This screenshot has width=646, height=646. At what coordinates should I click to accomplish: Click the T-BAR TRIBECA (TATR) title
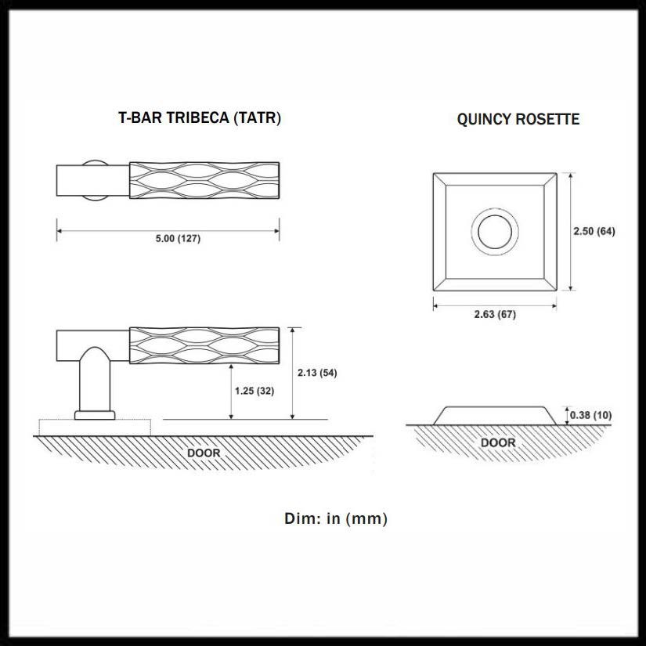point(199,118)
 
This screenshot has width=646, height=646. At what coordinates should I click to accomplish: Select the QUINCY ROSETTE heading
point(518,120)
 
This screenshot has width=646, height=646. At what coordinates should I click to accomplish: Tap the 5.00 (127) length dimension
point(178,239)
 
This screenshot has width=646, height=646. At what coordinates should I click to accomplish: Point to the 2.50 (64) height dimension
point(594,231)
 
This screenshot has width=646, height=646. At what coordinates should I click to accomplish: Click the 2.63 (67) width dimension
point(495,314)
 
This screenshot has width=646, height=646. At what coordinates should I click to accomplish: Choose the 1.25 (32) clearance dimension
point(254,391)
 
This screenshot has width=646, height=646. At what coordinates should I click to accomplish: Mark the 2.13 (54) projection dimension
point(317,373)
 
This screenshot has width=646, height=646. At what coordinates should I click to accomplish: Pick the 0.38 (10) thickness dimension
point(591,414)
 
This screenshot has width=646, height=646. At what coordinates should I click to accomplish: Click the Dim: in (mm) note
point(336,518)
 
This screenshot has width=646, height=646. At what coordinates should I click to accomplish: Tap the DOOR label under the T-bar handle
point(204,453)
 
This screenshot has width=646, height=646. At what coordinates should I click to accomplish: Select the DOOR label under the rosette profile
point(498,443)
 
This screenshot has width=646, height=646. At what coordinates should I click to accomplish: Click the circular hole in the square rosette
point(495,232)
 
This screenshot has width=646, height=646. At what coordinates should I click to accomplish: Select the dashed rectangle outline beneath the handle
point(94,428)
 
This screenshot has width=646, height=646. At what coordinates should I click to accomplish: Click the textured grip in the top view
point(204,181)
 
